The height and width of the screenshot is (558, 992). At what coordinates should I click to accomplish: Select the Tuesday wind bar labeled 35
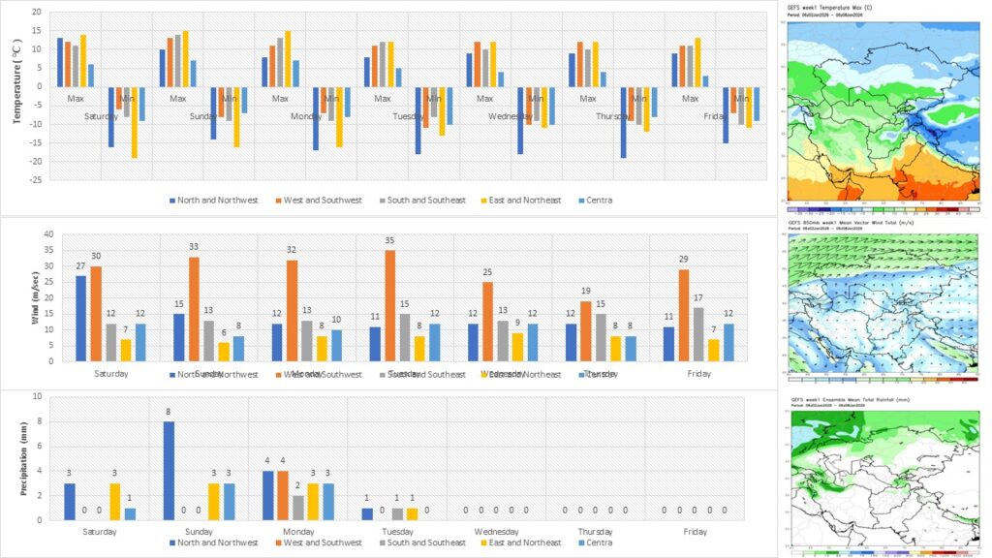[x=390, y=306]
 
